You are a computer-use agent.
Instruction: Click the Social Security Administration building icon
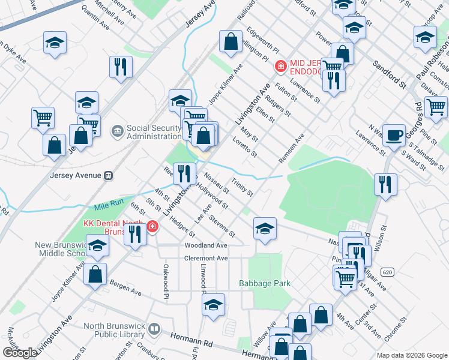[x=117, y=130]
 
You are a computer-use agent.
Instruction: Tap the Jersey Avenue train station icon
[x=109, y=176]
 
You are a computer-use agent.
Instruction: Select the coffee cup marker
[x=394, y=136]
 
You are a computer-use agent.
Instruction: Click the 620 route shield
[x=387, y=272]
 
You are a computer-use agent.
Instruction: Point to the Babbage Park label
[x=265, y=283]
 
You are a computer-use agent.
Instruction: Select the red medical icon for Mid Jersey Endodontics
[x=279, y=66]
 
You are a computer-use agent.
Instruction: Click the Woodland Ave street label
[x=206, y=245]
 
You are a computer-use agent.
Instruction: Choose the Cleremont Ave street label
[x=206, y=258]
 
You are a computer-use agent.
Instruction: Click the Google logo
[x=20, y=353]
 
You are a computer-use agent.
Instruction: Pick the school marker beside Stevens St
[x=265, y=228]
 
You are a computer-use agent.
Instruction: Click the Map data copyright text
[x=412, y=355]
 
